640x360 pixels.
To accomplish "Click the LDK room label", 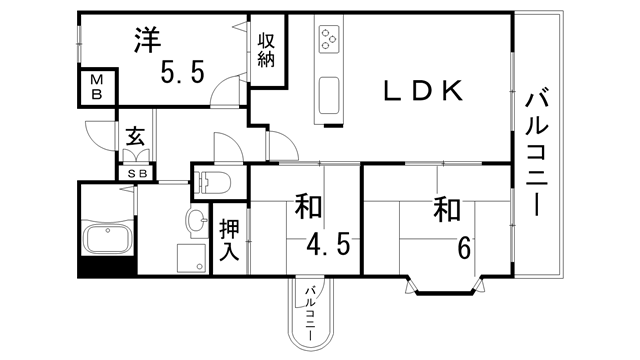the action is click(x=423, y=92).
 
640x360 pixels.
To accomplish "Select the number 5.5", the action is click(x=184, y=72).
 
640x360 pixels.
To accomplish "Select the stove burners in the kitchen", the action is click(x=330, y=42).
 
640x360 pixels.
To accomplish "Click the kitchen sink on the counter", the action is click(x=330, y=96).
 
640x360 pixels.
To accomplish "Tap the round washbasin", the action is click(x=192, y=219).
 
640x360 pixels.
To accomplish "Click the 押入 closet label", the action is click(x=229, y=241).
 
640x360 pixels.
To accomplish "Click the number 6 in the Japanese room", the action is click(x=463, y=246).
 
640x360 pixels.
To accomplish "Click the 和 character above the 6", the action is click(x=447, y=211).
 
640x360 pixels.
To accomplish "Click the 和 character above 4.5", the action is click(x=308, y=209).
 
